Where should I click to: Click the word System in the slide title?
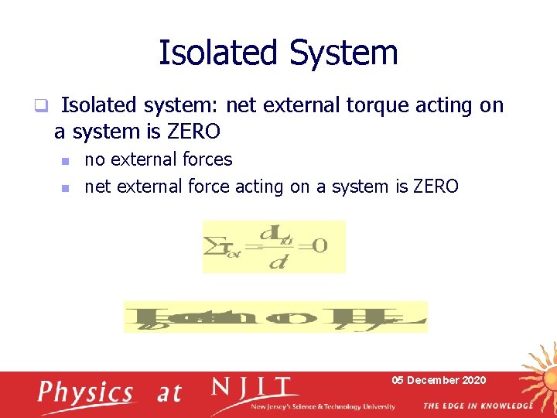click(343, 53)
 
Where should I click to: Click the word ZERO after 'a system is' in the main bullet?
click(193, 132)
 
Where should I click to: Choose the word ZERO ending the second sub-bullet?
click(436, 187)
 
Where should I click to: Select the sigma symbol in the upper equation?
click(211, 247)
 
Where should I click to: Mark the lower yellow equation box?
click(275, 317)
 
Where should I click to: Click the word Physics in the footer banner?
click(86, 392)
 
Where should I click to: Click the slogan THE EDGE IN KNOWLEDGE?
click(477, 406)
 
